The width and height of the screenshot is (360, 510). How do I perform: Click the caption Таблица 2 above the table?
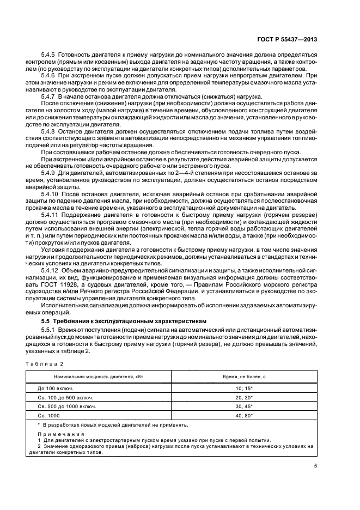click(46, 363)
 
